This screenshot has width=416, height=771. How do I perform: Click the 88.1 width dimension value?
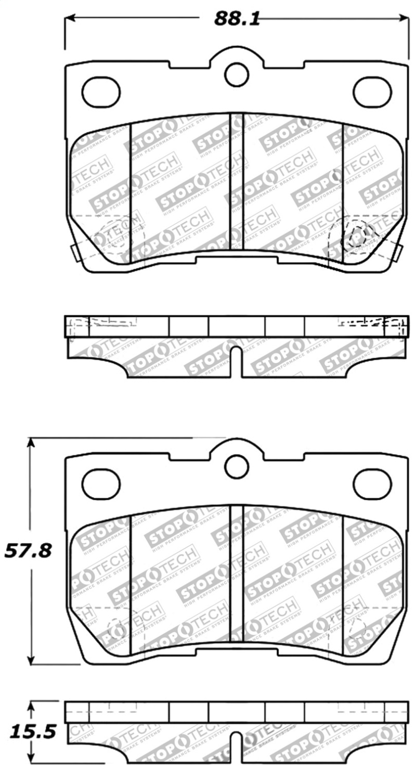(x=237, y=19)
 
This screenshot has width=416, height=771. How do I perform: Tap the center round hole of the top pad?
(x=237, y=74)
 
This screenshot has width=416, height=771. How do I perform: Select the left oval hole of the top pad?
(x=101, y=92)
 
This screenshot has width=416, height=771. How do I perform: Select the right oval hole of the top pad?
(x=372, y=92)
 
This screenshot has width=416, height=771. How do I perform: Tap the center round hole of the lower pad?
(x=237, y=466)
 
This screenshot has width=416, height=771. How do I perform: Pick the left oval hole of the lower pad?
(x=101, y=483)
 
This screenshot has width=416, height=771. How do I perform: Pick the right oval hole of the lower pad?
(x=372, y=483)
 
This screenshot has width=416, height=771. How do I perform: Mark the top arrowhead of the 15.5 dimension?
(x=32, y=707)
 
